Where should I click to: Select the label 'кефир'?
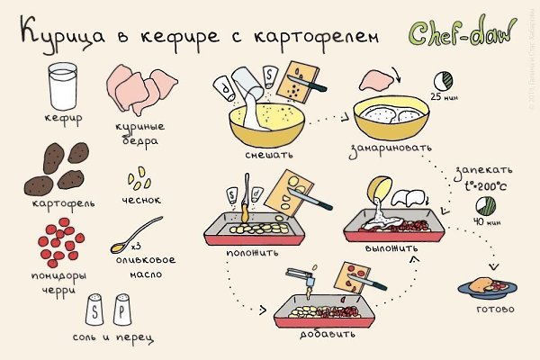coord(62,118)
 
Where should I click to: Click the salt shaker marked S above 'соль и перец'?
coord(93,310)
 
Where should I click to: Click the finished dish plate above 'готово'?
coord(487,286)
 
